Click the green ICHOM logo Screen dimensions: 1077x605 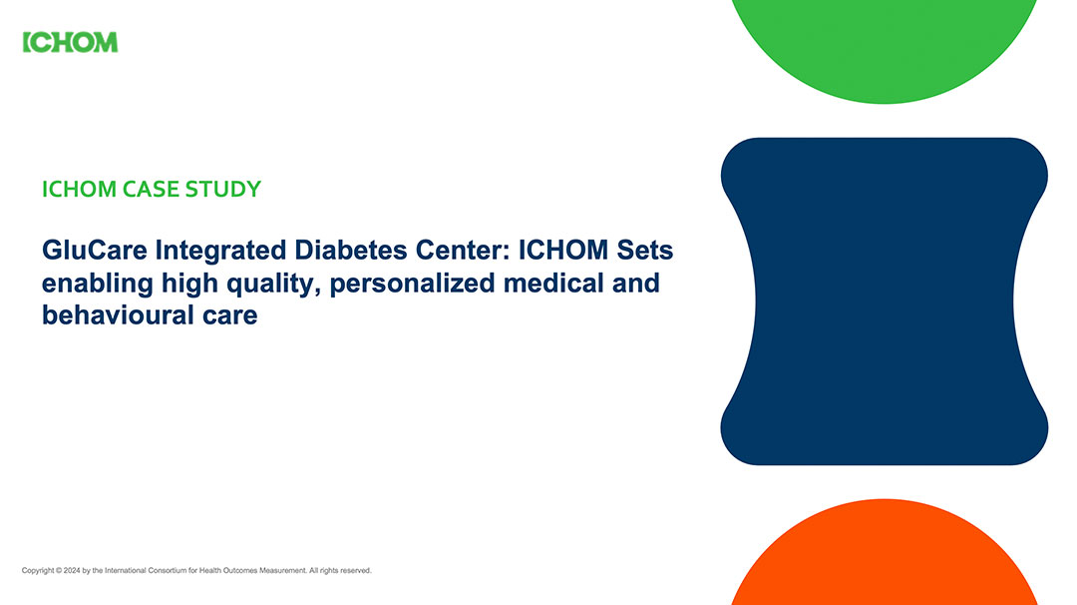click(x=70, y=43)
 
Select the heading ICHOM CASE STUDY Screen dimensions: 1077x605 click(x=152, y=189)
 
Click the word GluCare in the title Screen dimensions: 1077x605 click(x=95, y=250)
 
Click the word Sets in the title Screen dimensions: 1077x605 click(x=644, y=250)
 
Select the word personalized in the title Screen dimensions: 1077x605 click(x=412, y=284)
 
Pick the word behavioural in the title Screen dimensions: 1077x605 click(x=118, y=314)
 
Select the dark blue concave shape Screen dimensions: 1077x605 click(x=884, y=302)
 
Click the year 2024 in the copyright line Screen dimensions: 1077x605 click(x=72, y=571)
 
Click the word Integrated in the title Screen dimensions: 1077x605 click(x=220, y=251)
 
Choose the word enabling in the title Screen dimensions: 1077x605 click(x=98, y=285)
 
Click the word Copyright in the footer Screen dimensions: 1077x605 click(x=38, y=571)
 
